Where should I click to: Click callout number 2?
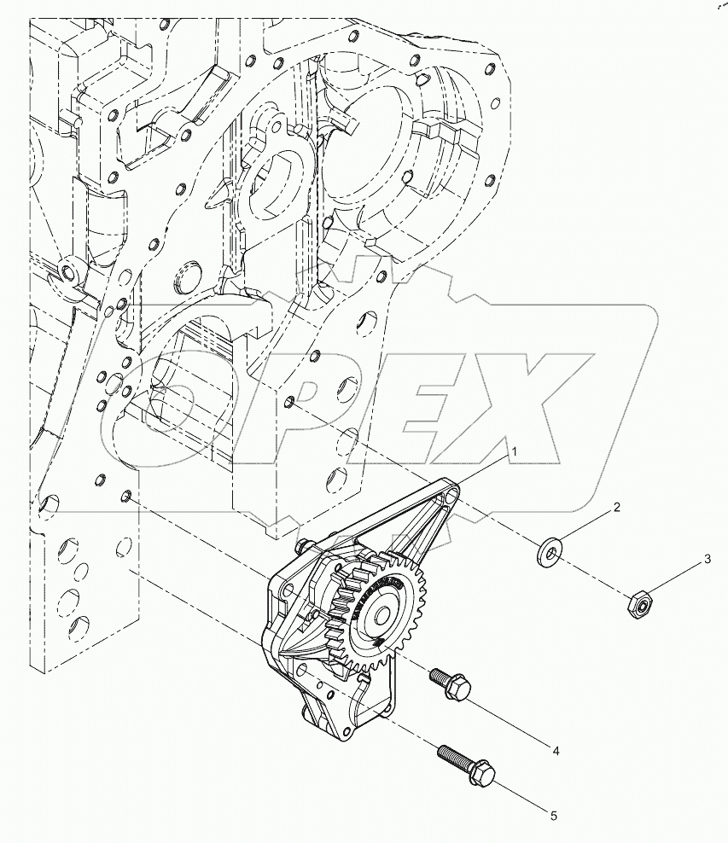[x=616, y=507]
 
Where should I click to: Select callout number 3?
[x=707, y=560]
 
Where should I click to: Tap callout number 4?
[x=555, y=751]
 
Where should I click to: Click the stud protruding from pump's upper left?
[x=301, y=546]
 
